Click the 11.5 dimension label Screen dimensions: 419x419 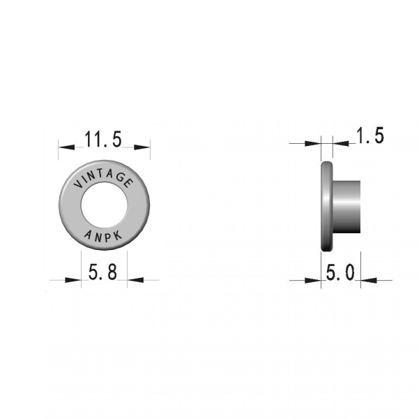[x=103, y=139]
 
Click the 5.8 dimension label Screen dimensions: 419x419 [x=102, y=272]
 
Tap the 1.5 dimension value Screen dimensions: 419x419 [x=370, y=135]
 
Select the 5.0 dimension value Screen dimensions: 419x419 [x=340, y=272]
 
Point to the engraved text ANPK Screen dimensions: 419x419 [x=103, y=236]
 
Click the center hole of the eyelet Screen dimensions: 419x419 [x=104, y=205]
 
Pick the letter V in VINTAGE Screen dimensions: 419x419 [x=78, y=184]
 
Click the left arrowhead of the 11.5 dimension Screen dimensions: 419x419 [x=66, y=147]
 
